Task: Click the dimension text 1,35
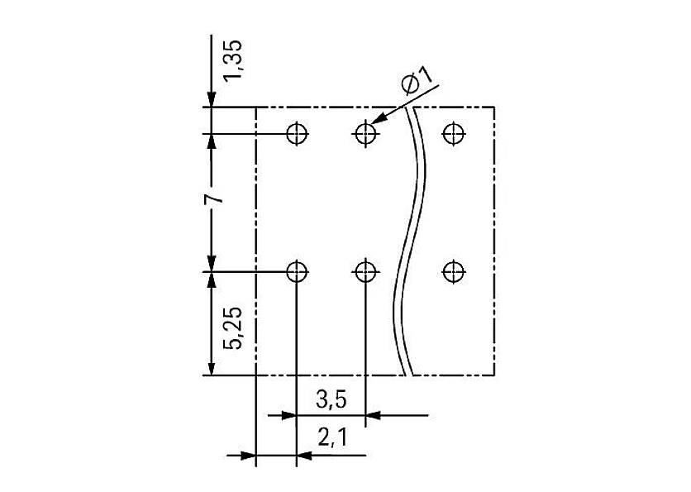pos(233,60)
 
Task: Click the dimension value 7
pos(212,201)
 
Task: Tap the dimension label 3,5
pos(331,401)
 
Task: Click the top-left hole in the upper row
pos(296,132)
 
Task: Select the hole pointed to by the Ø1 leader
pos(365,132)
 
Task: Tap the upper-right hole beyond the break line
pos(451,132)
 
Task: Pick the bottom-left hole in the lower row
pos(296,270)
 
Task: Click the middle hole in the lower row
pos(365,270)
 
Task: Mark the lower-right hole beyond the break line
pos(451,270)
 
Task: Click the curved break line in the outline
pos(413,240)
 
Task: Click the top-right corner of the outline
pos(494,107)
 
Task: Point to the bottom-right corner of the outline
pos(494,375)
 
